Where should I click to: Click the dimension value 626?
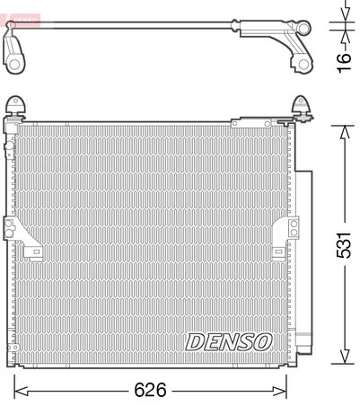click(151, 391)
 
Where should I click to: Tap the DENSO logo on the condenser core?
click(229, 341)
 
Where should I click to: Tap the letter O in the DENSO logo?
click(263, 341)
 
